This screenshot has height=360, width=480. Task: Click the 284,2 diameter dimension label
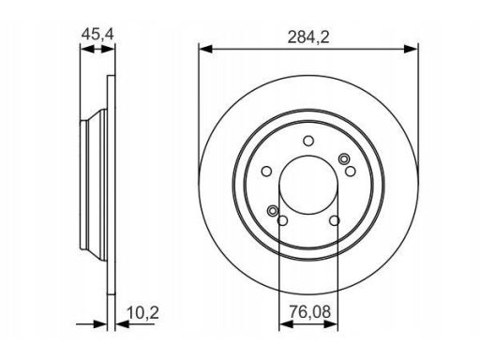(x=308, y=37)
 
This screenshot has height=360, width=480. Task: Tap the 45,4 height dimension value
(x=97, y=34)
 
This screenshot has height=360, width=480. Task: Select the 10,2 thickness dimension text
(x=143, y=313)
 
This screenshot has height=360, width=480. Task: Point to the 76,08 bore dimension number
(x=309, y=312)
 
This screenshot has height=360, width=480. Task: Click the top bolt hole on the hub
(x=308, y=141)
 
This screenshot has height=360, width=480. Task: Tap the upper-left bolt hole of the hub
(x=266, y=172)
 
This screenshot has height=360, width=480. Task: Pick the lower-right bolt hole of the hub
(x=335, y=220)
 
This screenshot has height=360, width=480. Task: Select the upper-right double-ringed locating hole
(x=344, y=159)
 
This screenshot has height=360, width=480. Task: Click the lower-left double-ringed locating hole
(x=273, y=211)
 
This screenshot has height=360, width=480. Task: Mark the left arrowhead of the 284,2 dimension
(x=205, y=49)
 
